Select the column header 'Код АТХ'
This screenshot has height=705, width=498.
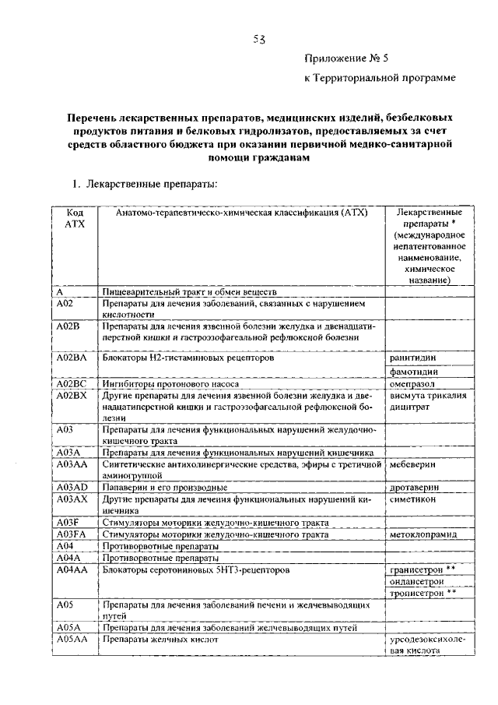(x=75, y=217)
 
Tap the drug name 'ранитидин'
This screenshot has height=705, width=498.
(x=412, y=358)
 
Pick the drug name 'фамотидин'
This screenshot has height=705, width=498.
(x=413, y=372)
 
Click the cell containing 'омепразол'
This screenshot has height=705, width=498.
(x=412, y=384)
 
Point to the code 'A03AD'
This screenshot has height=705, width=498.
(x=71, y=487)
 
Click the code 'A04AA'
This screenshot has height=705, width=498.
(x=71, y=569)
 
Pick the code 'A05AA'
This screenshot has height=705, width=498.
(x=71, y=640)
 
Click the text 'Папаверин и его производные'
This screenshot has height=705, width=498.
(x=164, y=487)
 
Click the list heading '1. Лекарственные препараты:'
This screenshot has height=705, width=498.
(x=145, y=184)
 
